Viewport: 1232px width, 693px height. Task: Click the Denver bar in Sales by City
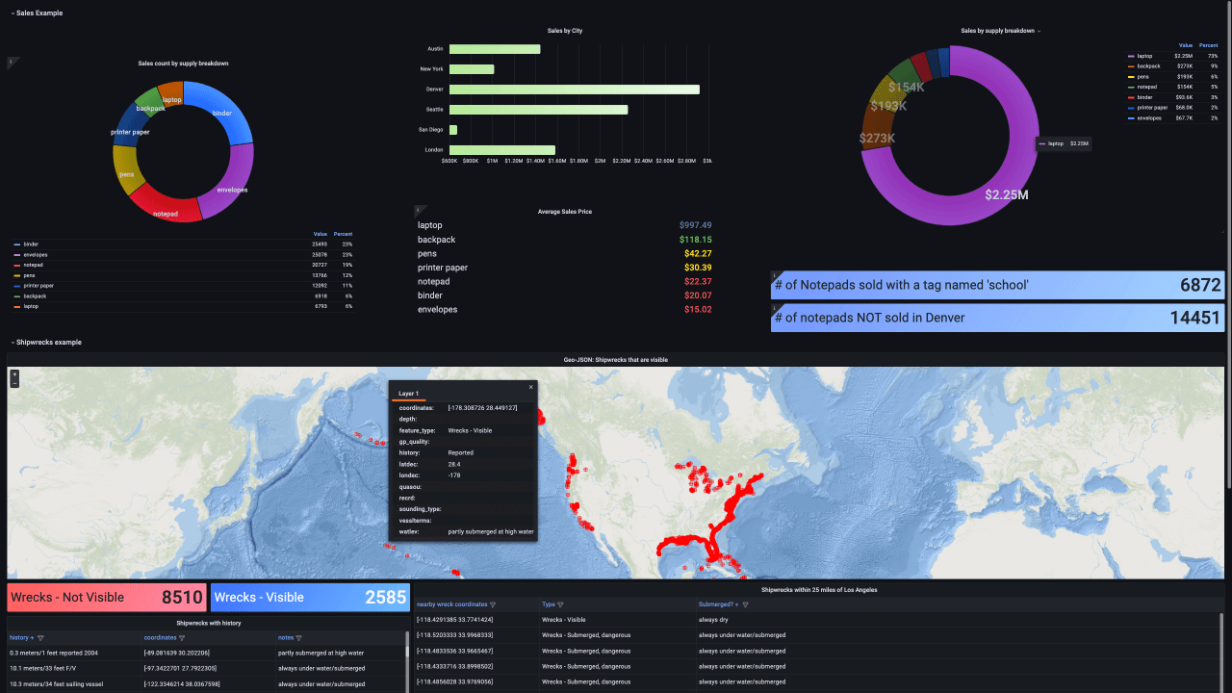574,90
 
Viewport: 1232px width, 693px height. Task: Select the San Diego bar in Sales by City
453,130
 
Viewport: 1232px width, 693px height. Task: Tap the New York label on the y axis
431,69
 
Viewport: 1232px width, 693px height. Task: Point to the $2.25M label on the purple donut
1007,194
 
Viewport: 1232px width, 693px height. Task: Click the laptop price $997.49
695,225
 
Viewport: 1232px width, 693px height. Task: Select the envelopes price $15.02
697,310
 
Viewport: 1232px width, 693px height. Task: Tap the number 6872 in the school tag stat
1199,285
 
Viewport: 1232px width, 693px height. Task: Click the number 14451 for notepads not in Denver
1194,319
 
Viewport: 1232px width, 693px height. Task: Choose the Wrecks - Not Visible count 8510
182,598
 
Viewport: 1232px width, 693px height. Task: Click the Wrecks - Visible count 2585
385,598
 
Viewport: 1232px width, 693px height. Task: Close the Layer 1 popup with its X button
530,387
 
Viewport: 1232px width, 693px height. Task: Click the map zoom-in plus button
14,373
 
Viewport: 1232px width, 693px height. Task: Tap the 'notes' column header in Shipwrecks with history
286,637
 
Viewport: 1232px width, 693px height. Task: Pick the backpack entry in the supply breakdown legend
1147,66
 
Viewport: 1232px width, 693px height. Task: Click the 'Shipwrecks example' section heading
48,343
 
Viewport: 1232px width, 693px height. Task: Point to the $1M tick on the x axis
493,161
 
